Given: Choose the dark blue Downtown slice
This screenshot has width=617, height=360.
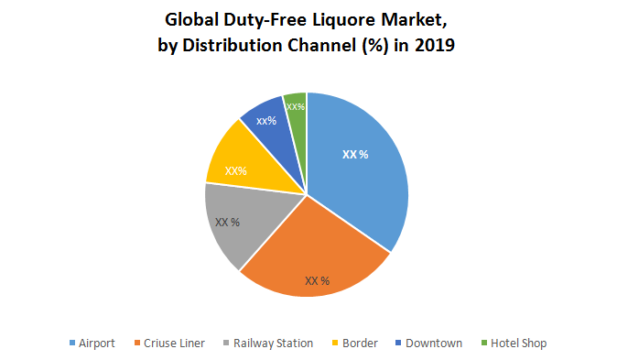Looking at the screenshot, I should pos(268,124).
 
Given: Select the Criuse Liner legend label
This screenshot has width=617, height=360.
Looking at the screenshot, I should pos(175,343).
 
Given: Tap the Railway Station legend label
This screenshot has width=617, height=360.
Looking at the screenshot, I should pos(273,343).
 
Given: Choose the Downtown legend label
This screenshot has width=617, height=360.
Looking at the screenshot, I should pos(432,343).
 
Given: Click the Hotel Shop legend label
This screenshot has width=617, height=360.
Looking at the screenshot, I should pos(518,343).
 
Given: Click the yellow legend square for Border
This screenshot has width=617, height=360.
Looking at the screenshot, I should pos(336,344).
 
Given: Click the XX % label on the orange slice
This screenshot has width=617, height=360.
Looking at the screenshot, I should pos(317,280).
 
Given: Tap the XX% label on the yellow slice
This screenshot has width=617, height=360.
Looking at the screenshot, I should pos(236,170).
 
